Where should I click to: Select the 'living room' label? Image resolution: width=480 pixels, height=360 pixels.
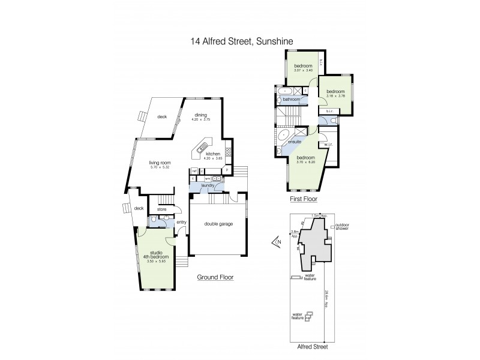[161, 163]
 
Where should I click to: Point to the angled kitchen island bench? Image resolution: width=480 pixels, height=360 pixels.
[202, 146]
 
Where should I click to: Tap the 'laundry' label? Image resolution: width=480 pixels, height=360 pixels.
[209, 186]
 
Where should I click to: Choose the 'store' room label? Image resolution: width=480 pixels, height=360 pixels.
[161, 209]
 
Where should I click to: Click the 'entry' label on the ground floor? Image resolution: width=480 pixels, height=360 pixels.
[182, 223]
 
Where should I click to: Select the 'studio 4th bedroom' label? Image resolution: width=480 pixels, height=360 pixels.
[155, 255]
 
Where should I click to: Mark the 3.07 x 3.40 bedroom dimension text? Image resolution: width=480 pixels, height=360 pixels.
[302, 71]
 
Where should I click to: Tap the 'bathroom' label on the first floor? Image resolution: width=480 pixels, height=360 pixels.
[292, 99]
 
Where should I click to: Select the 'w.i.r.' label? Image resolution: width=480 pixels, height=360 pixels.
[328, 144]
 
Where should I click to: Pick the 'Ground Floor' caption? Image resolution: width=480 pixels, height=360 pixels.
[215, 278]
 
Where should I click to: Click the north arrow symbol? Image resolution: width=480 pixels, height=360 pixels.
[276, 242]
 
